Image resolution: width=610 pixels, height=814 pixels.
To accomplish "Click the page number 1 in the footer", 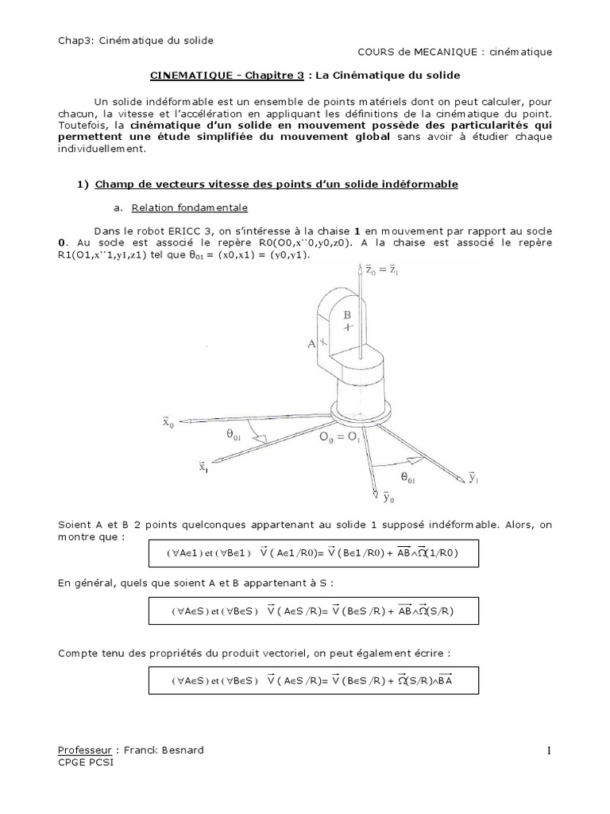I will tap(548, 751).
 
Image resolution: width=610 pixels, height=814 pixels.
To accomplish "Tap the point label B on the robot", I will tap(347, 315).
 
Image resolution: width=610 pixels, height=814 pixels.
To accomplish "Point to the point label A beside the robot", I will tap(311, 343).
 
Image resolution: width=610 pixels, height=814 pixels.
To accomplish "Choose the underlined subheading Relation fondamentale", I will tap(190, 207).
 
